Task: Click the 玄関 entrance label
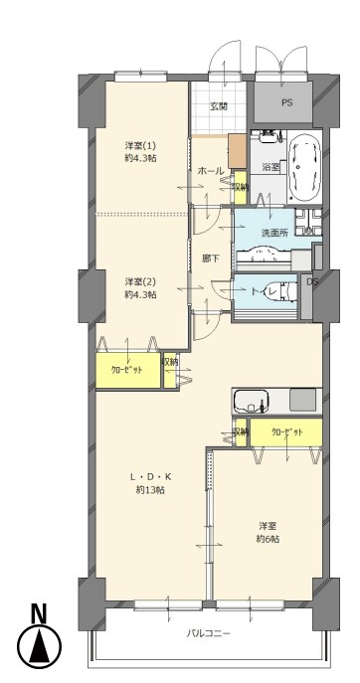click(x=220, y=105)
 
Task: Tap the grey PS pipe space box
click(x=283, y=102)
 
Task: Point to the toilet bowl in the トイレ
click(x=289, y=291)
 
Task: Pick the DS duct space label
click(x=313, y=281)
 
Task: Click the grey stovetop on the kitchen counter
click(x=302, y=400)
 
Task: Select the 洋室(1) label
click(x=140, y=145)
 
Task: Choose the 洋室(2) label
click(x=140, y=281)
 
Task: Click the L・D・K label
click(x=151, y=476)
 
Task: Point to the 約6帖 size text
click(x=268, y=539)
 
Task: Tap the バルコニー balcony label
click(x=208, y=633)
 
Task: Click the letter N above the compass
click(x=39, y=614)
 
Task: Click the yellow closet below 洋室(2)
click(x=128, y=370)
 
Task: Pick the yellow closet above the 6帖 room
click(x=286, y=432)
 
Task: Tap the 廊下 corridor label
click(x=211, y=258)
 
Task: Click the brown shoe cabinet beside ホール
click(x=238, y=151)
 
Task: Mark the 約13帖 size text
click(x=150, y=490)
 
